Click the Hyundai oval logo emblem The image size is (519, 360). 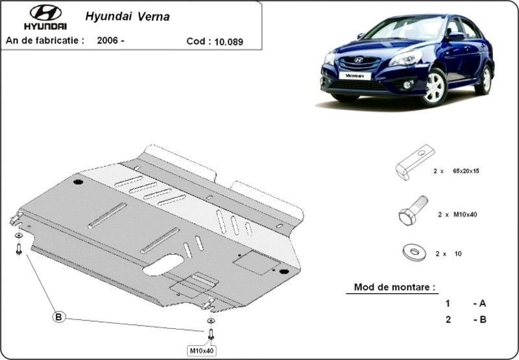click(x=45, y=12)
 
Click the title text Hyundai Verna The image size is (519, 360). click(x=127, y=17)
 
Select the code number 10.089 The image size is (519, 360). click(x=229, y=42)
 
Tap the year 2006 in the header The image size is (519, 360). click(x=108, y=40)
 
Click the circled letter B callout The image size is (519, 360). click(x=58, y=317)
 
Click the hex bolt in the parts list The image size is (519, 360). click(x=413, y=210)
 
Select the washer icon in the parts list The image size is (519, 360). click(x=414, y=253)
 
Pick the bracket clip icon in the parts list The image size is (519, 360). click(x=415, y=162)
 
